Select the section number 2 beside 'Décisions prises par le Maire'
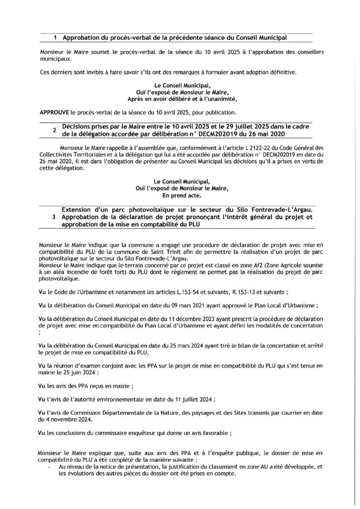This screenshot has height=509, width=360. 54,131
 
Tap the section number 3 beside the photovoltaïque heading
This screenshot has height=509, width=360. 54,217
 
